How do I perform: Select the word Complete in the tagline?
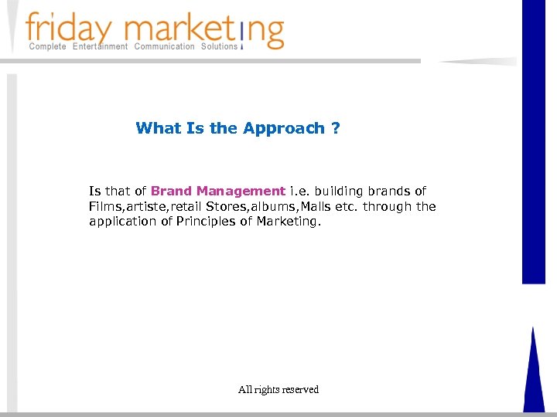[47, 47]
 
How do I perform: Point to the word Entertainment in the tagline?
[101, 47]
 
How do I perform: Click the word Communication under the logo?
[165, 47]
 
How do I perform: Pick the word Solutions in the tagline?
[220, 47]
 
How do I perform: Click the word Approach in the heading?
[284, 128]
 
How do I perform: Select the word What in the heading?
[159, 128]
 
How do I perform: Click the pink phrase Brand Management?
[218, 191]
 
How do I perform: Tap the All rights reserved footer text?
[278, 390]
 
